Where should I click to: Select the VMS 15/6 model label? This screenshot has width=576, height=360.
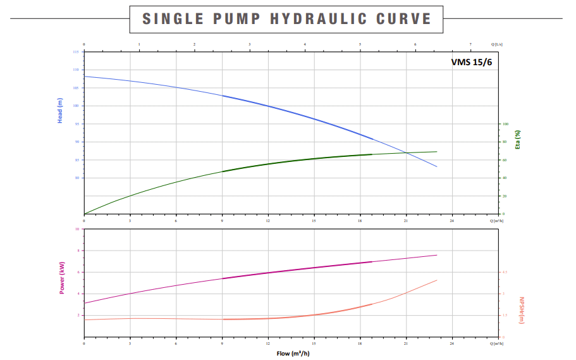(470, 62)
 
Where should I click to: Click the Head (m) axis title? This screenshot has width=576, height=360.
(61, 111)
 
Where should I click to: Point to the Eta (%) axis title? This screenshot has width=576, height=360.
(518, 139)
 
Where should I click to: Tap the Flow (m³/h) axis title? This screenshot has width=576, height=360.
(291, 353)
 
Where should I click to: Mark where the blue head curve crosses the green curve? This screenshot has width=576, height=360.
(407, 152)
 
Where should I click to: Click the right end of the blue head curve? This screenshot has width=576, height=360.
(437, 167)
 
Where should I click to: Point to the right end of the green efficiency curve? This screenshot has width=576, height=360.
(437, 151)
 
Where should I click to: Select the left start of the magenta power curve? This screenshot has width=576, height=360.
(85, 303)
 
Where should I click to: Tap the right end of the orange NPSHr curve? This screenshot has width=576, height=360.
(437, 280)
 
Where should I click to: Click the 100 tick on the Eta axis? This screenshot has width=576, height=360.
(505, 124)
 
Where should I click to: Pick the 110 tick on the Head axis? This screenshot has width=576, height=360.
(77, 70)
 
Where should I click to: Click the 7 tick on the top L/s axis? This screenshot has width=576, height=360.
(470, 44)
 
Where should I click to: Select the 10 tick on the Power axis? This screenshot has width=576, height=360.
(77, 229)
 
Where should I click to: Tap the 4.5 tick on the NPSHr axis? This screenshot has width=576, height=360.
(505, 272)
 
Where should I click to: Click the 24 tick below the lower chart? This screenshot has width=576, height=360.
(452, 343)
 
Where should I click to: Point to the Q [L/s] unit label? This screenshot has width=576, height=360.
(497, 44)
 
